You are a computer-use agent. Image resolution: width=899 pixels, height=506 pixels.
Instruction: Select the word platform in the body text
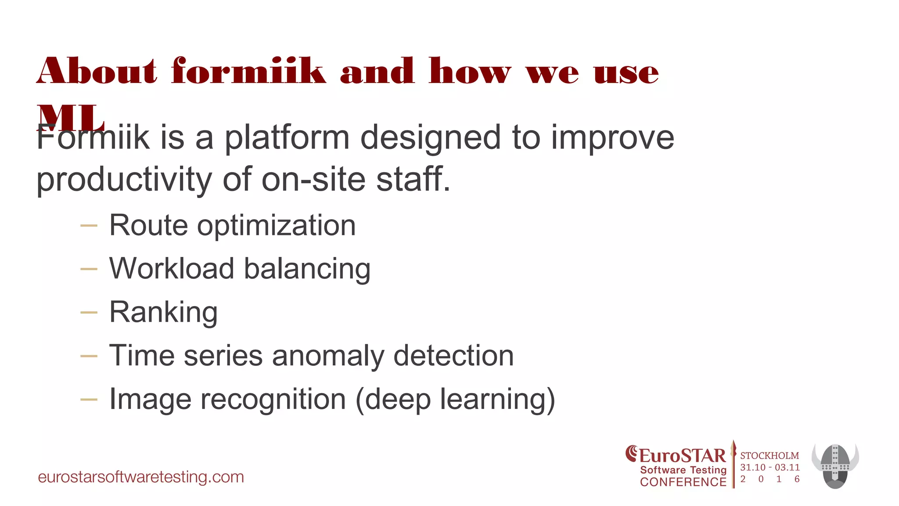287,137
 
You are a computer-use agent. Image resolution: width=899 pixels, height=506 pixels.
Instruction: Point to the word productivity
124,180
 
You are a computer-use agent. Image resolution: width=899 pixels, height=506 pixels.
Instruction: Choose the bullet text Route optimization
232,225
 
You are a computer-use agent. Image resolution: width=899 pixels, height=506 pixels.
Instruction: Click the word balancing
307,268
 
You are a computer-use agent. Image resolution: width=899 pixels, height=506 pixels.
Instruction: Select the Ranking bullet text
163,312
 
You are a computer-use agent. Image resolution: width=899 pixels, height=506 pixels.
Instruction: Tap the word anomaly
328,355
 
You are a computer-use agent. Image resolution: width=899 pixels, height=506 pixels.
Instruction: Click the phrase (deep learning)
455,399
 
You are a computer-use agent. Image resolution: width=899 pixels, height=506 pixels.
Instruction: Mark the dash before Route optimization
89,226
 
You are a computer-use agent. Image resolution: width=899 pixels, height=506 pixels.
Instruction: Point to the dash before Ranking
89,312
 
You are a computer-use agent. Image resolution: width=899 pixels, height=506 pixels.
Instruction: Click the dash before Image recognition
89,399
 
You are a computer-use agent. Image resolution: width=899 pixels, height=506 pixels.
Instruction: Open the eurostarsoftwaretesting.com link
141,477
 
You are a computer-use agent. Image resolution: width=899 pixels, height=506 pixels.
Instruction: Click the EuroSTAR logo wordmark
677,455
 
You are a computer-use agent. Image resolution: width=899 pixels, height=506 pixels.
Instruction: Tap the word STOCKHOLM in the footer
770,456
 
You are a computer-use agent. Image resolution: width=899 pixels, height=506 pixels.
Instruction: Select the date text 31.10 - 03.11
770,467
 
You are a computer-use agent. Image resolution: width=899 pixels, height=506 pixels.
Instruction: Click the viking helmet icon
835,466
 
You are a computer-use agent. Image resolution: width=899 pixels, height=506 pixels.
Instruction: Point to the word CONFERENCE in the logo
683,482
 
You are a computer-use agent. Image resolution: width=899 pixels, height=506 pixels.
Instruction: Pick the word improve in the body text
612,137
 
